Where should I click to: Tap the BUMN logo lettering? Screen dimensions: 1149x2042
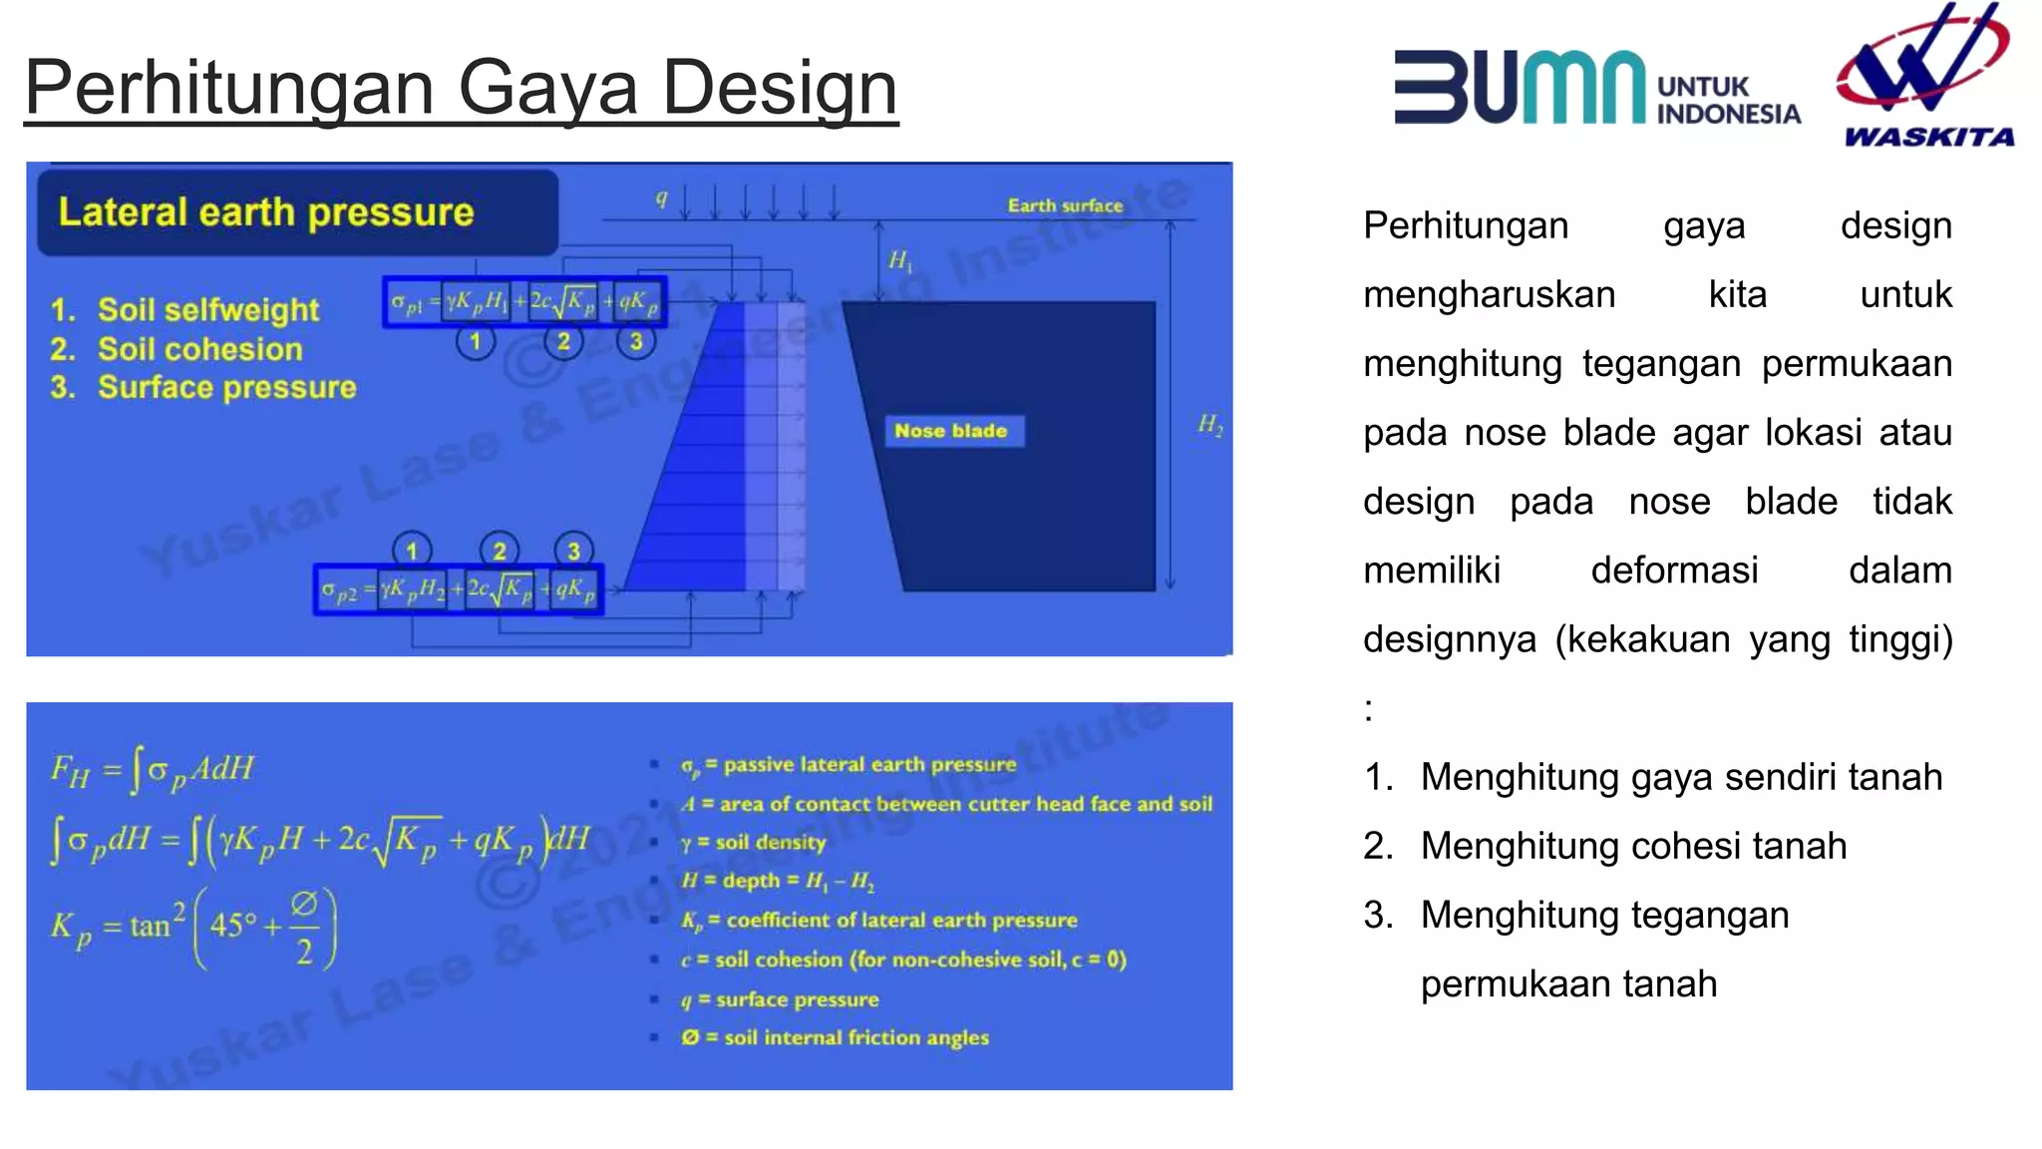[1519, 88]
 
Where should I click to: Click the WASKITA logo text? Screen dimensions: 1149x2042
[1928, 137]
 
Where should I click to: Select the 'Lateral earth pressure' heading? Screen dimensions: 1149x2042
[266, 212]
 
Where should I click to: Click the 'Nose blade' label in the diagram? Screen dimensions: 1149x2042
[950, 431]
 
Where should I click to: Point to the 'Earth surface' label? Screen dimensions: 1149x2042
[1065, 205]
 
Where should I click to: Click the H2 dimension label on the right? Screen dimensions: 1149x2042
[1209, 425]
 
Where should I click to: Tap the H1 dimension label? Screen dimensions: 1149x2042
[899, 261]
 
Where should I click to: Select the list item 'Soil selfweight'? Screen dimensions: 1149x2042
[208, 310]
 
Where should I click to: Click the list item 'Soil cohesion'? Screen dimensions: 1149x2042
[199, 349]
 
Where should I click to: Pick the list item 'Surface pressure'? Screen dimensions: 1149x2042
[226, 387]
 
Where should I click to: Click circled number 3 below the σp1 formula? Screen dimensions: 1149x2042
[636, 342]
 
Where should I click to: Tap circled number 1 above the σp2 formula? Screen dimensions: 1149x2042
[412, 550]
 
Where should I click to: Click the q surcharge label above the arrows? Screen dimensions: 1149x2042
[661, 198]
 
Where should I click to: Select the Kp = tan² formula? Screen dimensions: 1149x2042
[195, 928]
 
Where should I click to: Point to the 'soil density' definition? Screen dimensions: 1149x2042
[755, 843]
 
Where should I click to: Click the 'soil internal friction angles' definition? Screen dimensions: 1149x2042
[836, 1037]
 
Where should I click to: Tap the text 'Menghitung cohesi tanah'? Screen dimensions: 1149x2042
[1633, 846]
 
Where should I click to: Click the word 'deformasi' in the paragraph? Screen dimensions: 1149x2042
[1674, 571]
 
